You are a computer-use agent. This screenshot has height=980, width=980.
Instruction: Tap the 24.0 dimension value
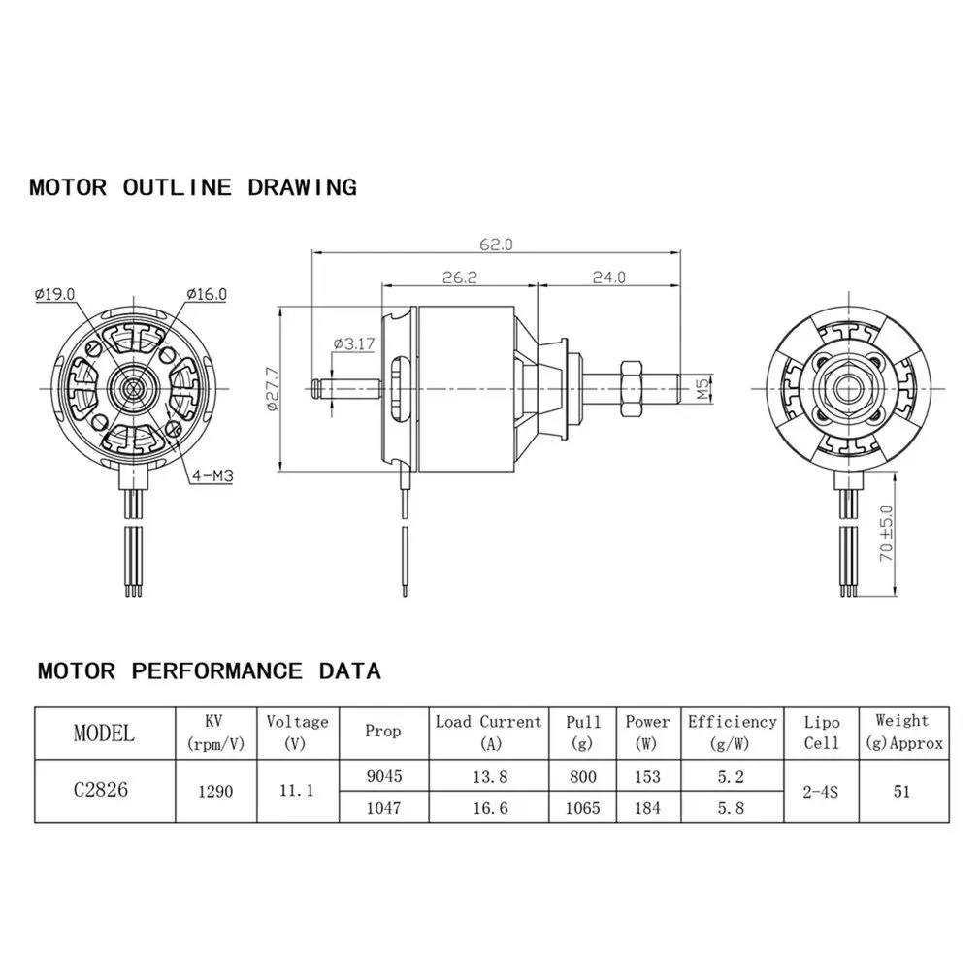pyautogui.click(x=608, y=277)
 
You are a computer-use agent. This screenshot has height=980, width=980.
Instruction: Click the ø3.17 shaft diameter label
pyautogui.click(x=353, y=343)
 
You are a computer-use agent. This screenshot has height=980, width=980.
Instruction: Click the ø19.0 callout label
pyautogui.click(x=54, y=294)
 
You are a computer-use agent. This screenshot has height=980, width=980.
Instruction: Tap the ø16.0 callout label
pyautogui.click(x=206, y=294)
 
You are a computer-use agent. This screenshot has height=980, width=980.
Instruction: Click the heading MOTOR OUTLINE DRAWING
pyautogui.click(x=193, y=187)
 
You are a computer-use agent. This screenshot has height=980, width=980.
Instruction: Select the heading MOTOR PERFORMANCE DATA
pyautogui.click(x=209, y=670)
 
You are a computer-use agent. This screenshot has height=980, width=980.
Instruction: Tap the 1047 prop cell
pyautogui.click(x=383, y=807)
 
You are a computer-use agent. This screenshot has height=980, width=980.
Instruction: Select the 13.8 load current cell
pyautogui.click(x=488, y=776)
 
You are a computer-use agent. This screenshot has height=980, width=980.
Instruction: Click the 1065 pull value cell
pyautogui.click(x=582, y=807)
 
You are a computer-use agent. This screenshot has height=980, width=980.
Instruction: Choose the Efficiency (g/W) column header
pyautogui.click(x=733, y=733)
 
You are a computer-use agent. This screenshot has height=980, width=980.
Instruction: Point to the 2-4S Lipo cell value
pyautogui.click(x=820, y=791)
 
